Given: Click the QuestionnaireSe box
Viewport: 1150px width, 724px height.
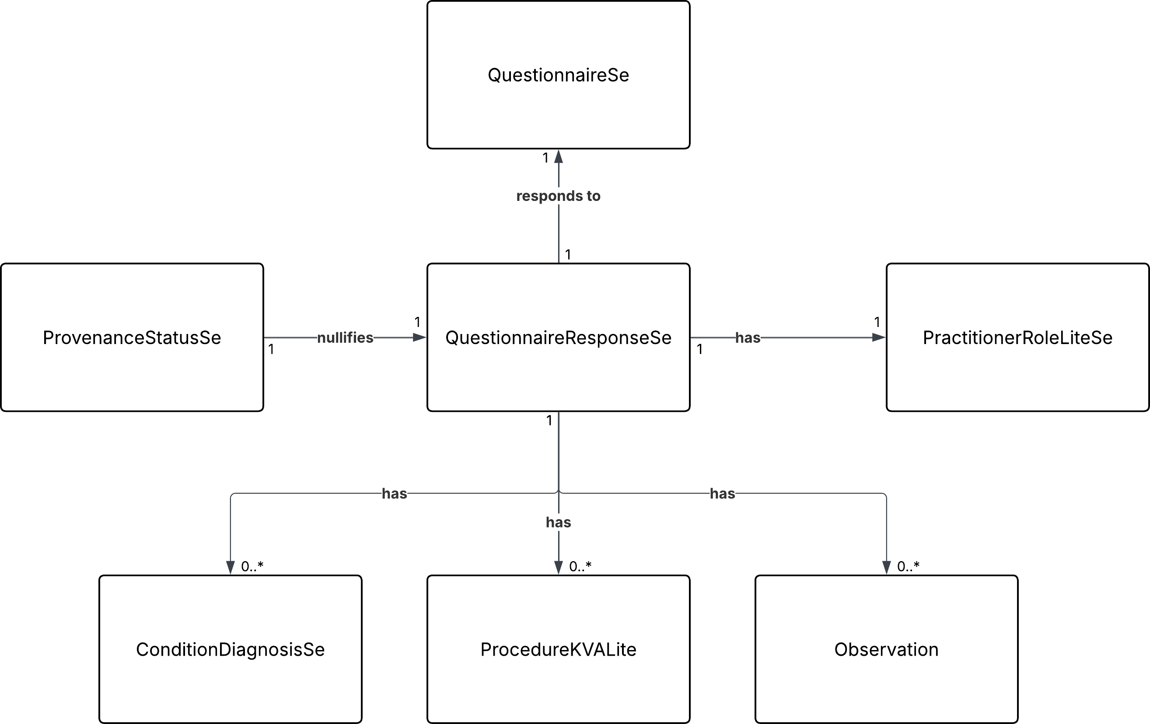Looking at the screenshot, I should (558, 74).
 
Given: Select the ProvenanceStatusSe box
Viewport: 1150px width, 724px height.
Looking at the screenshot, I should (132, 337).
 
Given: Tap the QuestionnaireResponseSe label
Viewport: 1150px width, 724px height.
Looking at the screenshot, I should (558, 338).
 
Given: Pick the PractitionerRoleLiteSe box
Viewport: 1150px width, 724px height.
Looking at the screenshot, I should (1017, 337).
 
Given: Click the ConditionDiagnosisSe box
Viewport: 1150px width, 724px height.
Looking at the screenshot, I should (230, 650).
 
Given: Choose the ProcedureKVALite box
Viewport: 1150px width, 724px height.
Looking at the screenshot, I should (558, 650).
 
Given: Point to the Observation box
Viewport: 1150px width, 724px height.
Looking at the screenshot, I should (886, 650).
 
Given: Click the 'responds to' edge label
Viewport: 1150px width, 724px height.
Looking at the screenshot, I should (558, 196).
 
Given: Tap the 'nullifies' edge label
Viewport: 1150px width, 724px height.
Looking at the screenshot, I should (345, 338).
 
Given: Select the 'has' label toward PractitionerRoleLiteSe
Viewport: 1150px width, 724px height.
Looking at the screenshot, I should (748, 338).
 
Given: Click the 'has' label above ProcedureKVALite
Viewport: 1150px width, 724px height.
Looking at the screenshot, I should (558, 522).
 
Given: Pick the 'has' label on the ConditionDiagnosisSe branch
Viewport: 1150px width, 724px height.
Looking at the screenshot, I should (394, 494).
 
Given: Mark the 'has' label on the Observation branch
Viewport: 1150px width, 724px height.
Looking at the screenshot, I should (722, 494).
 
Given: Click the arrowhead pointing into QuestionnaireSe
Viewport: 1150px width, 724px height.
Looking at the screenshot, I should (558, 157).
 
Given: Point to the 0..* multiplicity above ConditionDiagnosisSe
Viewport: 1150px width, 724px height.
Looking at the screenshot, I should (252, 566).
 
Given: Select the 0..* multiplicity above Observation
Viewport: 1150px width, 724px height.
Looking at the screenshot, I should (908, 566).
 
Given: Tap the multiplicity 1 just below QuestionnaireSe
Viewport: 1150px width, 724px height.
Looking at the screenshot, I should (545, 158).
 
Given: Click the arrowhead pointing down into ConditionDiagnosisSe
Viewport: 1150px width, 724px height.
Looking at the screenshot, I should (230, 567).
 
